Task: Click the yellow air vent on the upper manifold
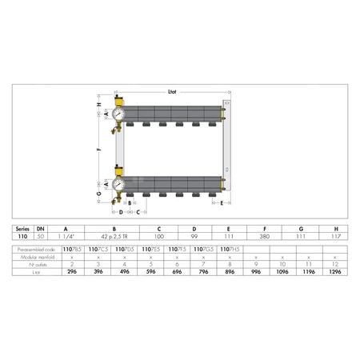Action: coord(118,101)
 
